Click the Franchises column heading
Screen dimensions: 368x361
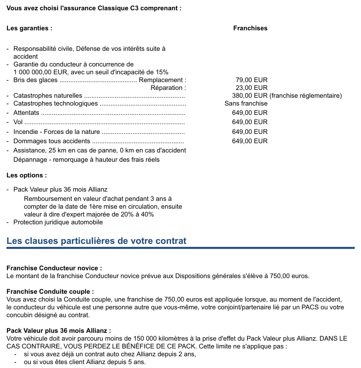250,28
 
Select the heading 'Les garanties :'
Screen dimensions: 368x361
29,28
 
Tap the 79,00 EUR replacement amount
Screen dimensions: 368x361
251,80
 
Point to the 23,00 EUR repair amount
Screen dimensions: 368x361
251,88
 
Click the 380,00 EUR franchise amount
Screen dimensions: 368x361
250,96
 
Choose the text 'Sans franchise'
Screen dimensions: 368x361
246,104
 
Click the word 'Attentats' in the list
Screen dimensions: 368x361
26,113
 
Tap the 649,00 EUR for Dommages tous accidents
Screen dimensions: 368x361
250,141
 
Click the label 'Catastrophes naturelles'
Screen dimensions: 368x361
48,96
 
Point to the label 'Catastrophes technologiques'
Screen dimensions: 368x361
56,104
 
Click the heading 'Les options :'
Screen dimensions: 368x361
27,175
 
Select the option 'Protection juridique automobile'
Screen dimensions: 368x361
58,222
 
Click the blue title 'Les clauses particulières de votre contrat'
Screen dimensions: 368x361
96,241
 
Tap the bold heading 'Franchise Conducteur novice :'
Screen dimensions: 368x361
54,268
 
